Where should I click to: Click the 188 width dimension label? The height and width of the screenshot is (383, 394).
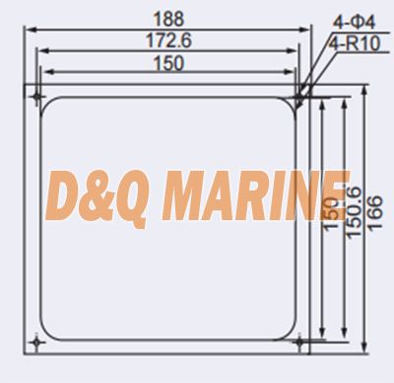tap(168, 19)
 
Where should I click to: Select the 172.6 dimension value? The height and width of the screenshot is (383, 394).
tap(168, 40)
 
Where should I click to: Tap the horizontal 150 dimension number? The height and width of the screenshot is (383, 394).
tap(168, 63)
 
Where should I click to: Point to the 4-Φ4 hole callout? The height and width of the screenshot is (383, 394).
tap(355, 23)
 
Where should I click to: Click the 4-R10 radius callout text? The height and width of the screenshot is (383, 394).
tap(355, 43)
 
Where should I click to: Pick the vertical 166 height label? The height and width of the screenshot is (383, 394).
tap(374, 213)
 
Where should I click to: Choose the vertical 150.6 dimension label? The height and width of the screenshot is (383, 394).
tap(354, 212)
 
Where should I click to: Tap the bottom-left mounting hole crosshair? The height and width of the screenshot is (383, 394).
tap(36, 343)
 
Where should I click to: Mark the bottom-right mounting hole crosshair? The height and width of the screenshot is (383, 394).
tap(299, 343)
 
